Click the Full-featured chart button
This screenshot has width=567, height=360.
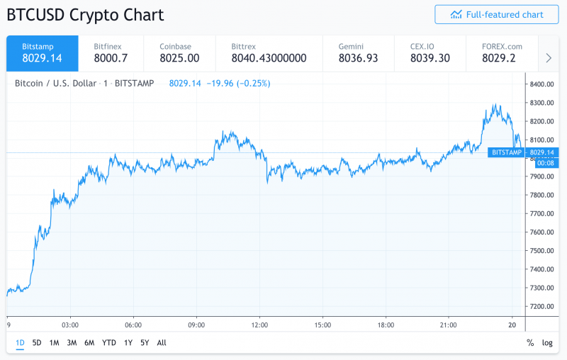tap(496, 14)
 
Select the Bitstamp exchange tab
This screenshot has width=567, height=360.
tap(43, 52)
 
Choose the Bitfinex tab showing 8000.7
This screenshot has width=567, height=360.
tap(111, 52)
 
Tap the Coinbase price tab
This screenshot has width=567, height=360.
tap(179, 52)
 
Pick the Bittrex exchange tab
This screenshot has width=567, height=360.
tap(269, 52)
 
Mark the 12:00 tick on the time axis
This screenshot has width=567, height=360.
tap(259, 325)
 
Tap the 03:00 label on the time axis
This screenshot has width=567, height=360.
tap(69, 325)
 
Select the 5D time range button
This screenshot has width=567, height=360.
tap(37, 343)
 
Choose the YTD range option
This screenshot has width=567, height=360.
tap(108, 343)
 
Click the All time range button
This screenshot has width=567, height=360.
tap(162, 343)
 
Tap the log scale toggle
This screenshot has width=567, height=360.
tap(547, 343)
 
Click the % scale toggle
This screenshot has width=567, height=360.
tap(530, 343)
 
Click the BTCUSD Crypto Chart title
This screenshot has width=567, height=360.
tap(85, 14)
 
